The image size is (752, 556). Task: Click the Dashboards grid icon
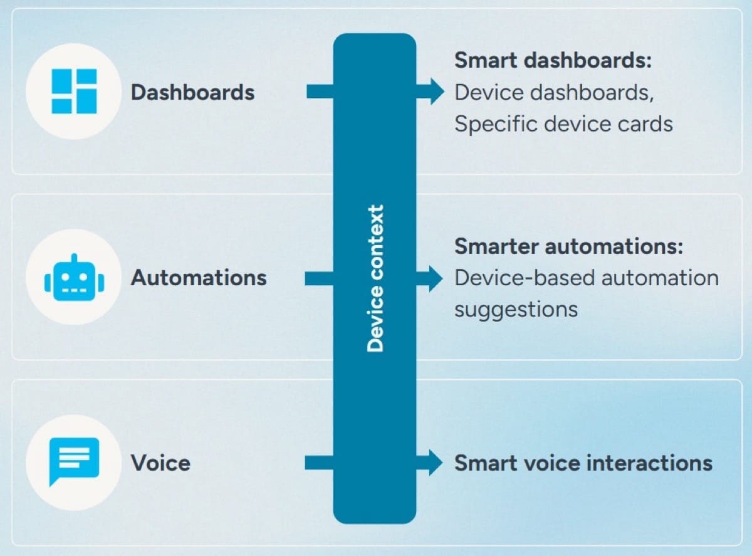coord(74,92)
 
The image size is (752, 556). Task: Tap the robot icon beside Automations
coord(74,277)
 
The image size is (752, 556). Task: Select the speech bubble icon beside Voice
coord(74,461)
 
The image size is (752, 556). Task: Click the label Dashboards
coord(192,93)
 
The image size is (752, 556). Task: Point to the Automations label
coord(199,278)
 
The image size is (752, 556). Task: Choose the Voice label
coord(160,463)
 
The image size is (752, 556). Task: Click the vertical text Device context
coord(375,278)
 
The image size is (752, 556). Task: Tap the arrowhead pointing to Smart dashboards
coord(435,92)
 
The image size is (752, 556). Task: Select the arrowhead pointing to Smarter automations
coord(435,278)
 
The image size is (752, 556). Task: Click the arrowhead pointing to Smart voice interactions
coord(435,463)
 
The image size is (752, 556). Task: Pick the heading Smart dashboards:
coord(553,61)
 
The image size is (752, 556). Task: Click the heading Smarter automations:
coord(568,246)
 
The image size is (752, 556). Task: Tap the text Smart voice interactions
coord(583,463)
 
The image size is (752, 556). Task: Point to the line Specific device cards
coord(563,123)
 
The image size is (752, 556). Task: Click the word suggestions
coord(516,309)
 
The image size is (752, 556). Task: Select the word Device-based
coord(518,278)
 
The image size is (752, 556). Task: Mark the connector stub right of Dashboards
coord(320,92)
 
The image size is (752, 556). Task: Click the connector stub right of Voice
coord(319,463)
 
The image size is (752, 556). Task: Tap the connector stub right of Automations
coord(319,278)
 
